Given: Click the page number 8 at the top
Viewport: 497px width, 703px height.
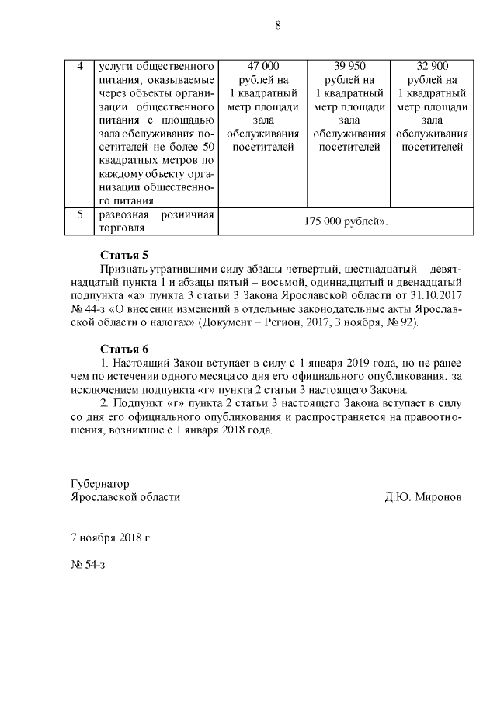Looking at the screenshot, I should pyautogui.click(x=277, y=25).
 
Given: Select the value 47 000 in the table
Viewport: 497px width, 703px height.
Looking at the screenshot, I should pyautogui.click(x=262, y=66).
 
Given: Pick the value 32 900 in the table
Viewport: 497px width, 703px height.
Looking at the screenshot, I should pyautogui.click(x=433, y=66).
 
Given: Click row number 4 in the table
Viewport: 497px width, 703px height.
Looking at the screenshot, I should pyautogui.click(x=80, y=66).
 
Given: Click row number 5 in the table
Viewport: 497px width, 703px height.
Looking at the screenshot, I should pyautogui.click(x=80, y=214).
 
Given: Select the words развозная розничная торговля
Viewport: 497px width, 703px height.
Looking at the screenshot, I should pyautogui.click(x=154, y=221).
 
